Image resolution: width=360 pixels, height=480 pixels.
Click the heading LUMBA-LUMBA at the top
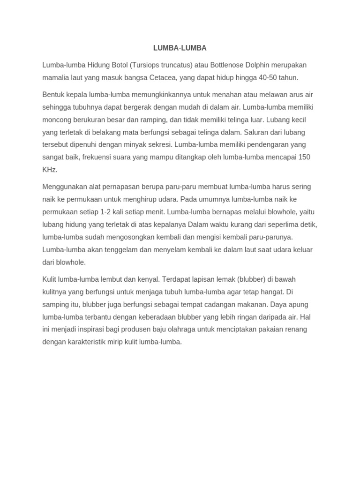click(x=180, y=48)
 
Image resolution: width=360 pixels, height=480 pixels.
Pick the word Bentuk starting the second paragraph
click(x=53, y=94)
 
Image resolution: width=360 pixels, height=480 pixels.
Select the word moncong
click(x=57, y=120)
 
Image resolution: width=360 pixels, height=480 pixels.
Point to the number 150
click(x=304, y=157)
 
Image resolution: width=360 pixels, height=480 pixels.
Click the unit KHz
click(x=50, y=170)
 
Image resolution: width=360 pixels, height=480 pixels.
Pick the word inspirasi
click(x=92, y=330)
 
